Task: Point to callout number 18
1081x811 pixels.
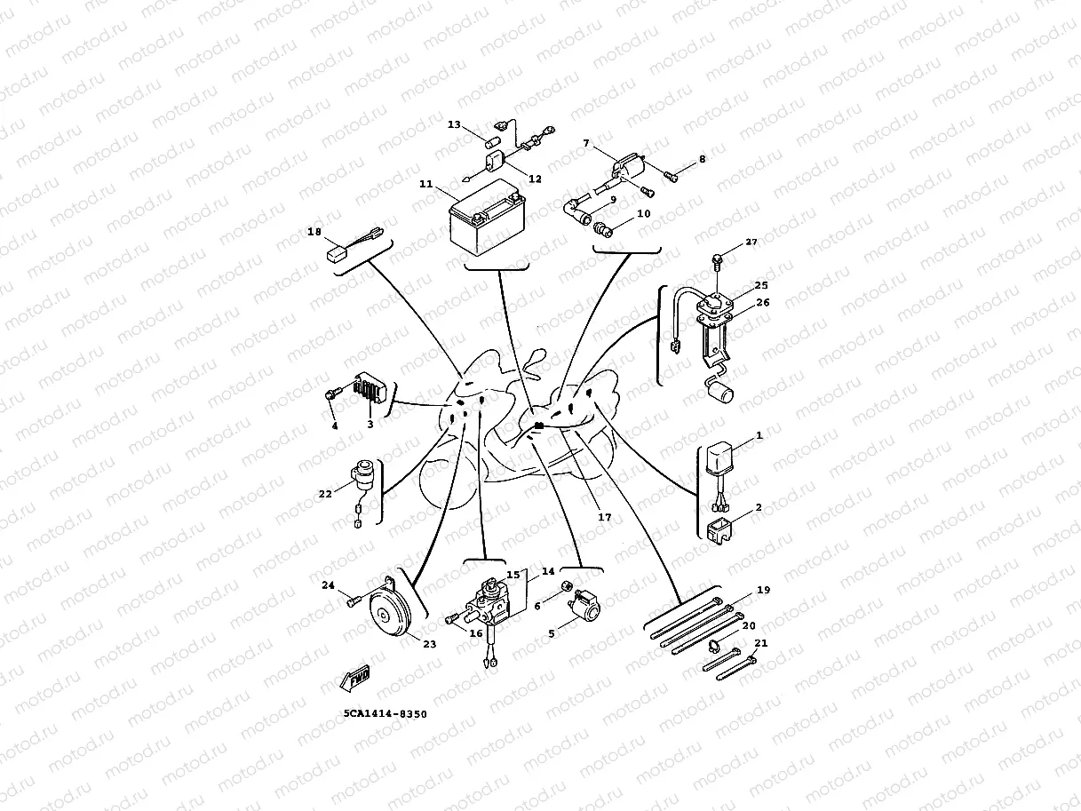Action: click(x=314, y=232)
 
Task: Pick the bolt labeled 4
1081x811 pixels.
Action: click(x=332, y=394)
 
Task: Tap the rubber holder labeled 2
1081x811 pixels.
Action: click(x=720, y=532)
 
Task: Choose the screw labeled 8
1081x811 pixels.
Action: click(x=672, y=176)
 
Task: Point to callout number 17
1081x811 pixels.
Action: click(x=604, y=517)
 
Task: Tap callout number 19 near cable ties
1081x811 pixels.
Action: click(x=739, y=591)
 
